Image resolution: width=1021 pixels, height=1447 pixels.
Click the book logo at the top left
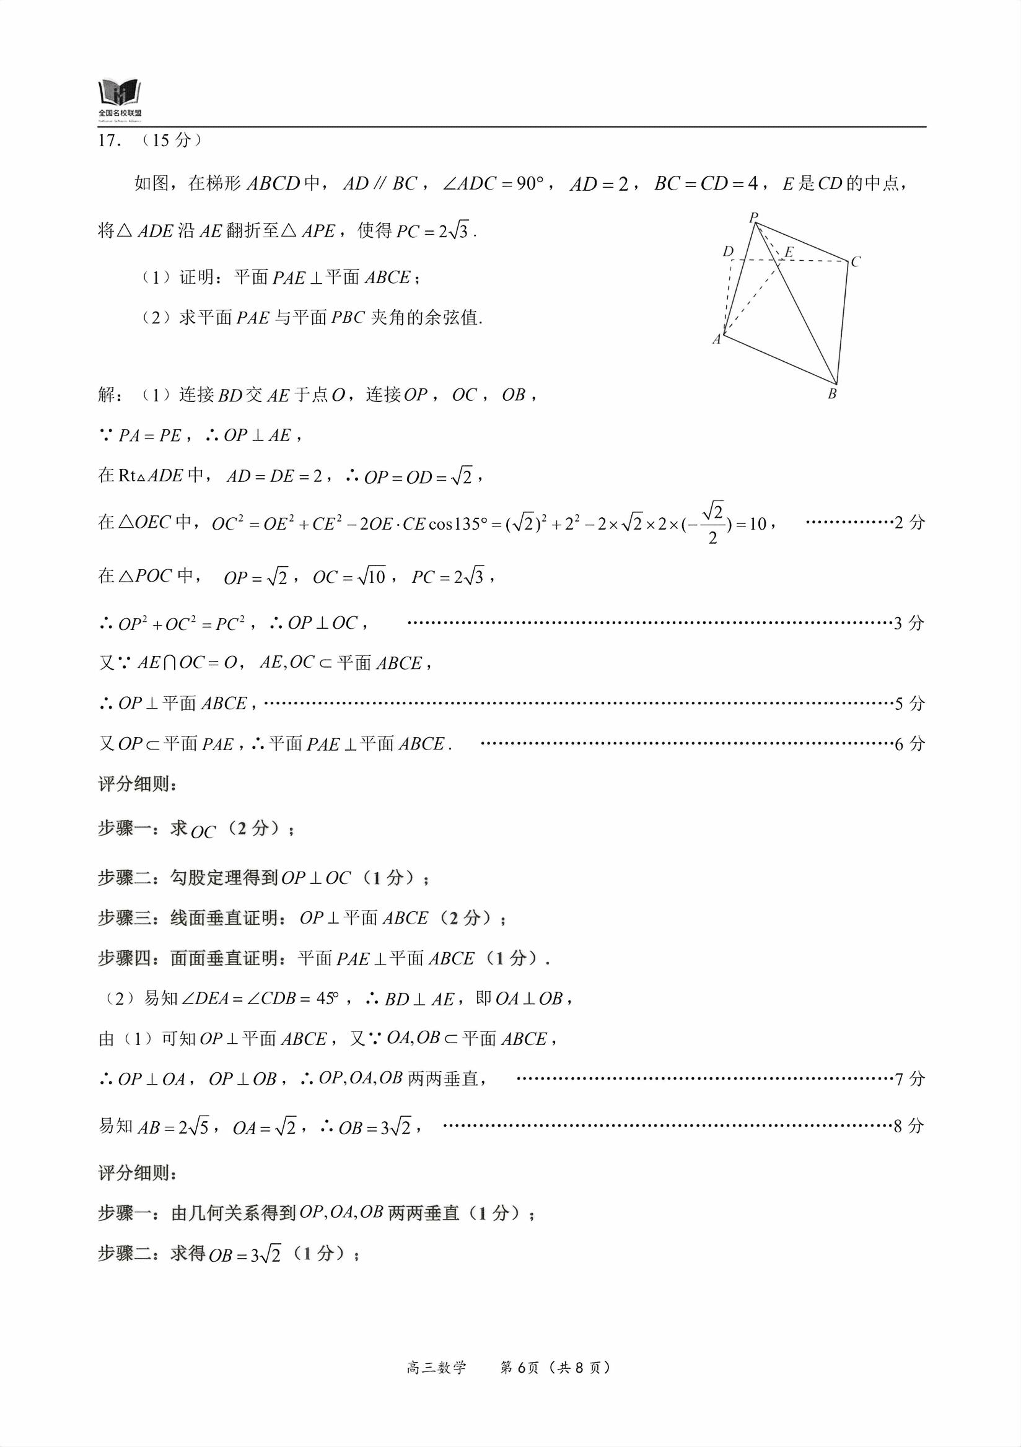pos(120,95)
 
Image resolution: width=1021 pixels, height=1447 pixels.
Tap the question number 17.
pos(108,141)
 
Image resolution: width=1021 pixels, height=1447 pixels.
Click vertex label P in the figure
pos(753,218)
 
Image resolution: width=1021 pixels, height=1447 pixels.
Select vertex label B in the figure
pos(832,394)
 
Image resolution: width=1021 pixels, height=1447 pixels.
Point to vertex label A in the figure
pos(716,339)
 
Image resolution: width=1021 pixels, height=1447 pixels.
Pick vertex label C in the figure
pos(855,261)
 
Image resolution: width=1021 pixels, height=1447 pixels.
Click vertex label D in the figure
pos(728,251)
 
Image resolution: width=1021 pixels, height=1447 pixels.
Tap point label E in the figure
pos(789,252)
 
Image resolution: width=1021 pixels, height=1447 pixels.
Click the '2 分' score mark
pos(909,522)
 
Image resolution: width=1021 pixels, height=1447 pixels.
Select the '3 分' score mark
pos(909,623)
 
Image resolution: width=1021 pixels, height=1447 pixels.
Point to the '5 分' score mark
pos(909,703)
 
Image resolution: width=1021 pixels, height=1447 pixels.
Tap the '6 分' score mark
pos(909,744)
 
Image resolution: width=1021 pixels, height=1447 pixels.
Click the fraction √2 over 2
pos(713,523)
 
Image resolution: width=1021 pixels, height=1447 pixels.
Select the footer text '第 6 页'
pos(519,1367)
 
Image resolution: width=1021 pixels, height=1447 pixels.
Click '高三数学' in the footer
pos(436,1367)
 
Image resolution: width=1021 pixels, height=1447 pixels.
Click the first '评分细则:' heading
pos(138,784)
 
